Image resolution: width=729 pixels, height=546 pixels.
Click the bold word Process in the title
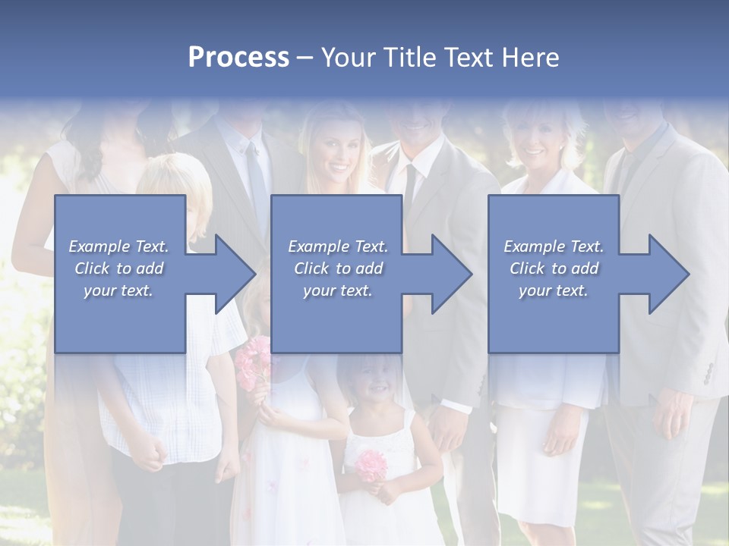238,58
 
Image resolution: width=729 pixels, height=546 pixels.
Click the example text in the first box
119,268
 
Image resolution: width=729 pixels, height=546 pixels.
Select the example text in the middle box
338,268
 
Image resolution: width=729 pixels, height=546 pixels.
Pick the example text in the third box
554,268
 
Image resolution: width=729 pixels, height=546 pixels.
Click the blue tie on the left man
257,182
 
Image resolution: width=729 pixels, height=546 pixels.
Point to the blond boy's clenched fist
154,454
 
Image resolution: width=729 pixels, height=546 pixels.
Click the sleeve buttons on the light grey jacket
708,372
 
